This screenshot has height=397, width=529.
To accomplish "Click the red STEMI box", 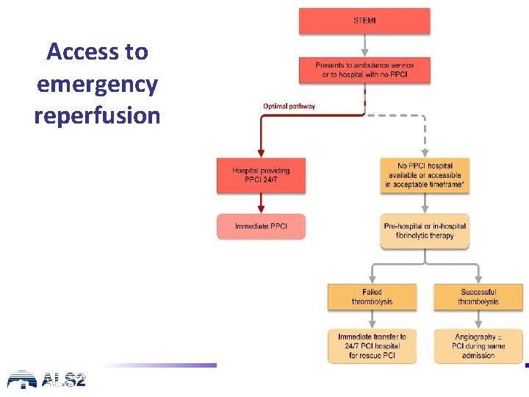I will (364, 21).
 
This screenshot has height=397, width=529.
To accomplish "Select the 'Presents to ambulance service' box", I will (364, 70).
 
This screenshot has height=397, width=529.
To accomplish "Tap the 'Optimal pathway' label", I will (289, 106).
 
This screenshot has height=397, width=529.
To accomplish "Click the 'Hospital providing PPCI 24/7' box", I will (261, 175).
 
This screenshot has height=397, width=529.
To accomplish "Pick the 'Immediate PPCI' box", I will (261, 226).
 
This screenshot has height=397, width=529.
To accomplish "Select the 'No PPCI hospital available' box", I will (425, 176).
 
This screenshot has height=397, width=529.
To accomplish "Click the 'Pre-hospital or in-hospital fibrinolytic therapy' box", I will (425, 231).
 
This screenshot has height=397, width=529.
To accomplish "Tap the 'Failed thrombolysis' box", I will (372, 296).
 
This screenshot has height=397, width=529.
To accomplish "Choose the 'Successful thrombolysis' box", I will (478, 296).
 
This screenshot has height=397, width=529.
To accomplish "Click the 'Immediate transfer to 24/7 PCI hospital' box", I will (372, 346).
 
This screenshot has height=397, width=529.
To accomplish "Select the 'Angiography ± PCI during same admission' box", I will (478, 346).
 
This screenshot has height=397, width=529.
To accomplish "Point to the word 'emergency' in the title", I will (97, 84).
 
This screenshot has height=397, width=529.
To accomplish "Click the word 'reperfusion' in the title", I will (97, 115).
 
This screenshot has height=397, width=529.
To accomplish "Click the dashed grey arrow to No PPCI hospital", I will (425, 136).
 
